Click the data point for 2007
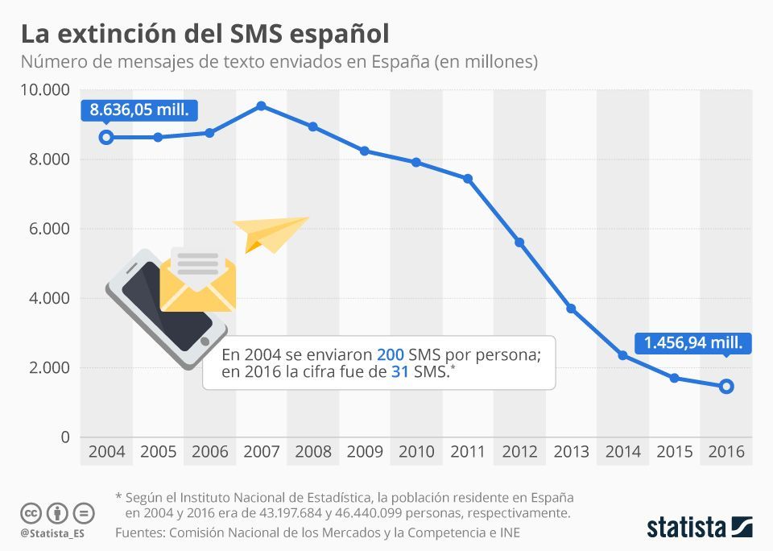point(261,106)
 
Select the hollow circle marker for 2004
point(106,137)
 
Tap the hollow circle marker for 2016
point(725,387)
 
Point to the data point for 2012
point(519,242)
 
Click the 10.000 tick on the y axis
point(45,89)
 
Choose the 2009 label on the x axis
point(365,452)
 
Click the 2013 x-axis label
point(571,452)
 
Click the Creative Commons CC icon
point(31,512)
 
